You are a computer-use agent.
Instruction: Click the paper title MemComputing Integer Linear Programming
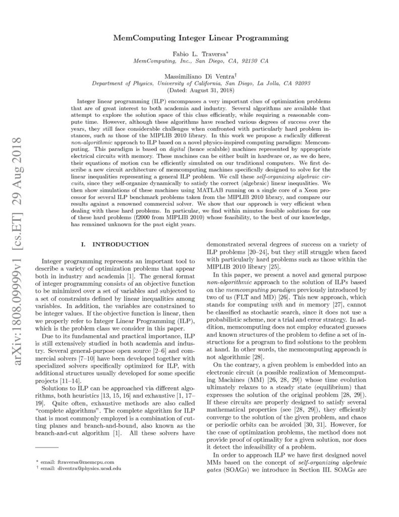click(199, 37)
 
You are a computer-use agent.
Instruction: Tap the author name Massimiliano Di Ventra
click(199, 75)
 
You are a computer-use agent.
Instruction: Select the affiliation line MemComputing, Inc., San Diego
click(200, 61)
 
